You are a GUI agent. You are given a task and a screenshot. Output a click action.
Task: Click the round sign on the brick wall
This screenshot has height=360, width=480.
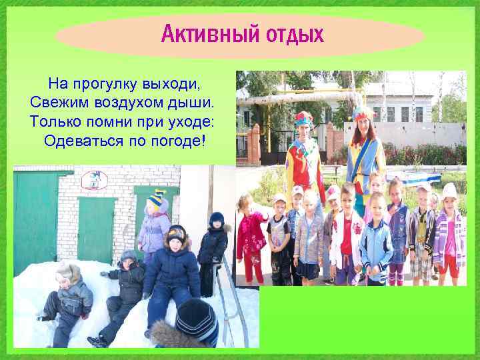coord(94,180)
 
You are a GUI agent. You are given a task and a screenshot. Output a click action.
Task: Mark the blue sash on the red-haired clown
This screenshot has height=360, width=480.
coord(363,163)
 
